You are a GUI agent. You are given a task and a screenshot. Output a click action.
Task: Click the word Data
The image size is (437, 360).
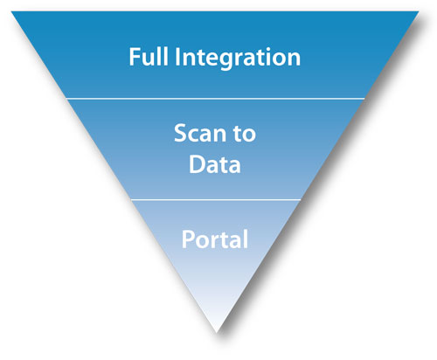coord(215,164)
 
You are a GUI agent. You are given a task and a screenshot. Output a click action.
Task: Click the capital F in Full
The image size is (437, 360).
coord(135,59)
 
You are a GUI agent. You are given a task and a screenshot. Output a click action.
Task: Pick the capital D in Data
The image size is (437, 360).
coord(198,164)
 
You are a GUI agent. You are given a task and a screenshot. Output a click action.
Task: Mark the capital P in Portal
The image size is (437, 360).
coord(187,239)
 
